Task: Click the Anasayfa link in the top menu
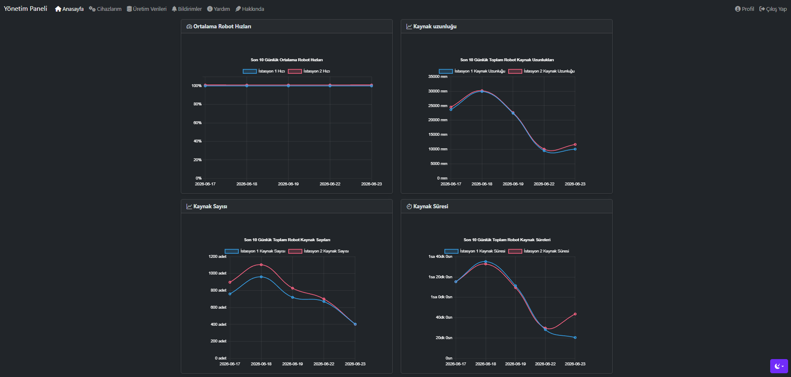(69, 9)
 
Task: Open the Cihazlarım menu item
(105, 9)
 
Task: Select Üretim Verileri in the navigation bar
(147, 9)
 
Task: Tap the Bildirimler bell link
(187, 9)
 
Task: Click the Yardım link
(219, 9)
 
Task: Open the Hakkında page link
(250, 9)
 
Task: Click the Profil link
(744, 9)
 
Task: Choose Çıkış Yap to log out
(773, 9)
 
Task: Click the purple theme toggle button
(779, 366)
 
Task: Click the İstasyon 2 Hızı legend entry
(309, 71)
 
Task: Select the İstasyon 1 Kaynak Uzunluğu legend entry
(472, 71)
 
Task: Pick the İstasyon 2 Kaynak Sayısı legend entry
(319, 251)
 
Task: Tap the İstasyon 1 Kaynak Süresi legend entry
(475, 251)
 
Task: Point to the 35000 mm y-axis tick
(438, 77)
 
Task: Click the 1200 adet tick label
(217, 257)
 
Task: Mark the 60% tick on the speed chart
(197, 123)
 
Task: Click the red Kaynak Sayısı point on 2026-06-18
(261, 265)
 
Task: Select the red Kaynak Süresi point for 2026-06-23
(575, 314)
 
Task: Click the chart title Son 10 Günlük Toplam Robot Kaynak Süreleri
(507, 240)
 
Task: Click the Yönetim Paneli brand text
(25, 9)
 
